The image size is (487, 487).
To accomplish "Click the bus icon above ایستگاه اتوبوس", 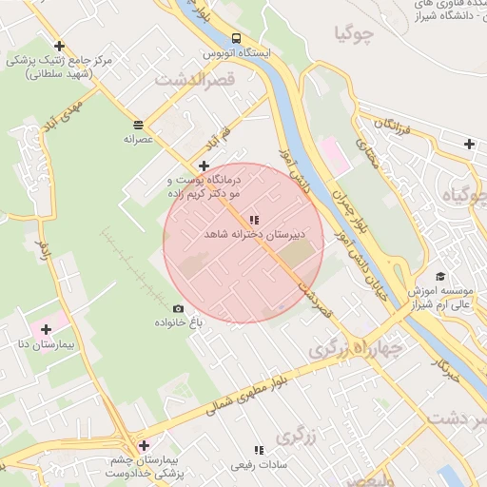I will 236,38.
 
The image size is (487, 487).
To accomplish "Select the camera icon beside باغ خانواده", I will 178,308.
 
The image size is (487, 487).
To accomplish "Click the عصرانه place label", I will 139,138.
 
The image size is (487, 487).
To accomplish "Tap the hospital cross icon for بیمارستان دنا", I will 46,329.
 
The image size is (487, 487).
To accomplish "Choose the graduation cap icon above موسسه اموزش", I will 439,276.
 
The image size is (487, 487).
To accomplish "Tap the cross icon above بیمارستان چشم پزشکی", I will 144,445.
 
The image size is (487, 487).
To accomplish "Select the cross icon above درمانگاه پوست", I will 204,166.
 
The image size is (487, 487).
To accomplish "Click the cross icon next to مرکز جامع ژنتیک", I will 60,46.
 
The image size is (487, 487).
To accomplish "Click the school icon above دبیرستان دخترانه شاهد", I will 253,220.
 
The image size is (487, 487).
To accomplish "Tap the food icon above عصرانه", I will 139,125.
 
